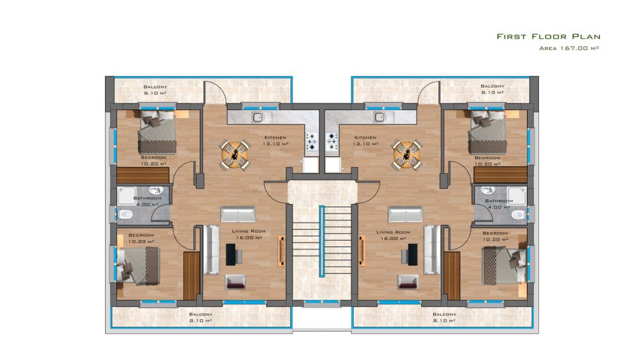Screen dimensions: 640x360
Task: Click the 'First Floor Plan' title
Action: (x=548, y=36)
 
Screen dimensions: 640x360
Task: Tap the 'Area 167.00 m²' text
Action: (x=569, y=48)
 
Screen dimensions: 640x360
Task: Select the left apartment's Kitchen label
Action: (x=275, y=137)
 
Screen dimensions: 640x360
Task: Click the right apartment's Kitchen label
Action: (x=365, y=137)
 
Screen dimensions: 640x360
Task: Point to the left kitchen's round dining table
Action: (x=235, y=154)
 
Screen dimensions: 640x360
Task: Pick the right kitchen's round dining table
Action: (x=406, y=154)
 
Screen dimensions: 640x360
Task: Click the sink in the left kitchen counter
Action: (x=257, y=117)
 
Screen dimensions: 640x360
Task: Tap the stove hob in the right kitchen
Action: (x=332, y=141)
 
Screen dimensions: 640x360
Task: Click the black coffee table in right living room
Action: (x=412, y=254)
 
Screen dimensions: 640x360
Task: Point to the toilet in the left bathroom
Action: (x=125, y=214)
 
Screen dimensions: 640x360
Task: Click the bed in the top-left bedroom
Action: (x=157, y=131)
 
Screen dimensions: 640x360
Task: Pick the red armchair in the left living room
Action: (x=236, y=282)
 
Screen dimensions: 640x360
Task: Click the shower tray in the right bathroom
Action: (x=517, y=195)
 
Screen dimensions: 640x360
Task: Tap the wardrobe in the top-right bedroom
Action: (x=501, y=175)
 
